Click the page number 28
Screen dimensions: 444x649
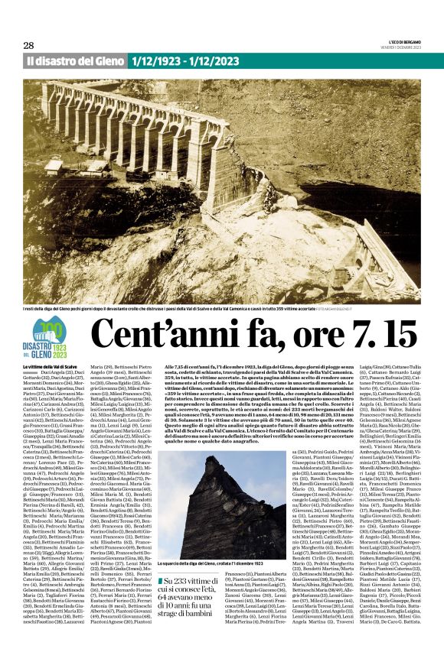(x=30, y=44)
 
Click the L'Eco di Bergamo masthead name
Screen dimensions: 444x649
(x=403, y=41)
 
